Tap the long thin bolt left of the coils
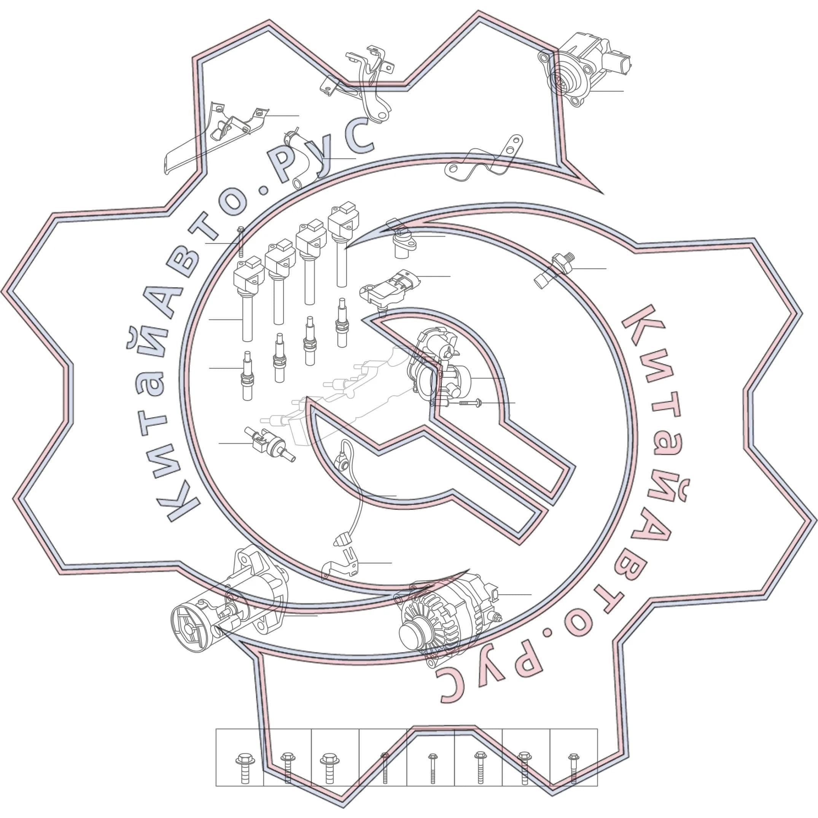tap(240, 241)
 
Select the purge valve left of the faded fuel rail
tap(269, 444)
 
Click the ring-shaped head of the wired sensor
tap(341, 459)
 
